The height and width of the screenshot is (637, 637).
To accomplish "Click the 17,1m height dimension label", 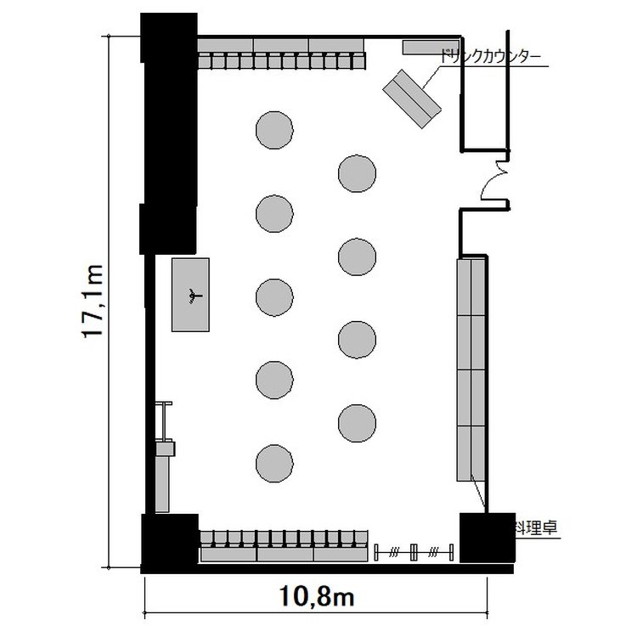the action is [93, 301].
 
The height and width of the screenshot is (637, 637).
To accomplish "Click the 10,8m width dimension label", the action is [317, 597].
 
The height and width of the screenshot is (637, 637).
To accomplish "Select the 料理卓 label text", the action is [536, 527].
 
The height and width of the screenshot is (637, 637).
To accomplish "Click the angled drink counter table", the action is [412, 99].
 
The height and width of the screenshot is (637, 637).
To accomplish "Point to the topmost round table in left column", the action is [274, 130].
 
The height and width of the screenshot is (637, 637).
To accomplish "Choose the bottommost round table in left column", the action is [274, 464].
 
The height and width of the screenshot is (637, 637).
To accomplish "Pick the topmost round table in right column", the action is [357, 173].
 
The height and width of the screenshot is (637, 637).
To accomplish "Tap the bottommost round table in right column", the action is [357, 423].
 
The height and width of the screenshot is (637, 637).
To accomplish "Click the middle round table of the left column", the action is [274, 297].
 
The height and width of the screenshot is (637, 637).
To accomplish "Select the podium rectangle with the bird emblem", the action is [190, 295].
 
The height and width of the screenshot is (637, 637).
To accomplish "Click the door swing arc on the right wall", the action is [492, 181].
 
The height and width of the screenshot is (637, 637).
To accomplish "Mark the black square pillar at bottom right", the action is [488, 538].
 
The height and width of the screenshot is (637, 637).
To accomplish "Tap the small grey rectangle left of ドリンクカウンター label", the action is [431, 47].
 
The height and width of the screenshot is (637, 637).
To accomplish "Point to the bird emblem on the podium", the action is [194, 296].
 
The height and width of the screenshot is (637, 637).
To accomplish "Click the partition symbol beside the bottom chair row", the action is [414, 552].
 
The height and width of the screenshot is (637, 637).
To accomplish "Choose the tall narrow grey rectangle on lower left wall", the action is [162, 484].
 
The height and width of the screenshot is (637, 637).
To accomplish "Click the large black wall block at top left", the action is [169, 133].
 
